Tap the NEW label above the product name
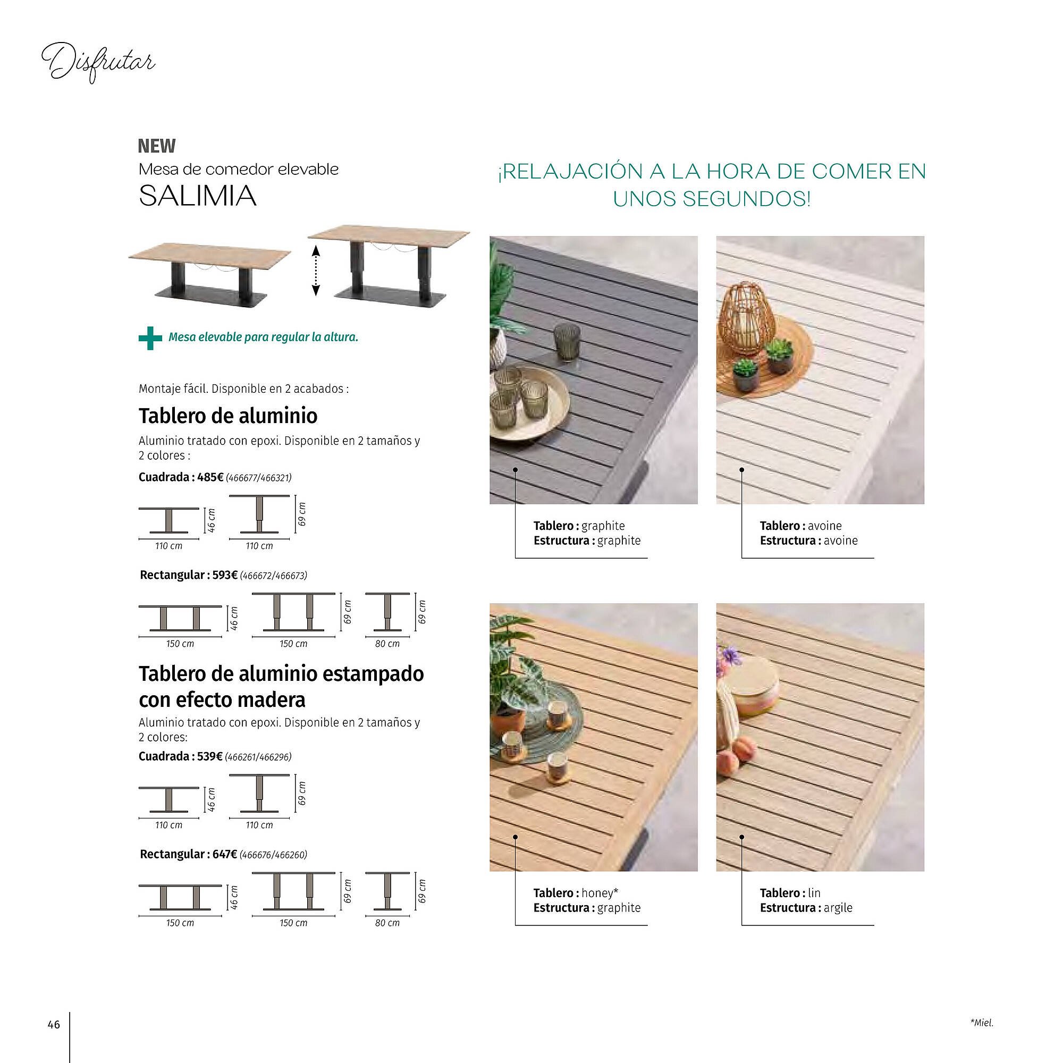tap(157, 146)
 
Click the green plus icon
tap(150, 338)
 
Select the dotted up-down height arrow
tap(316, 271)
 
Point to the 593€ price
tap(225, 575)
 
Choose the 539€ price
tap(209, 756)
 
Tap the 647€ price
tap(224, 855)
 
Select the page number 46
tap(53, 1025)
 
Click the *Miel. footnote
tap(982, 1023)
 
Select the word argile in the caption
tap(838, 908)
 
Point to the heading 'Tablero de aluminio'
tap(228, 416)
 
